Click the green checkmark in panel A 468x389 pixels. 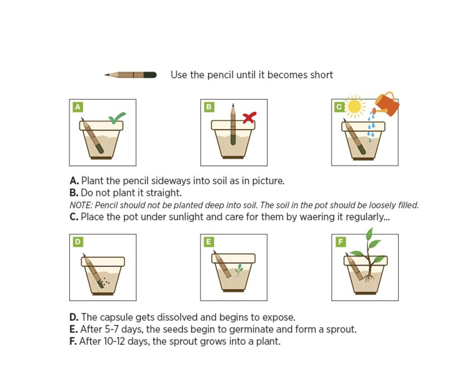117,118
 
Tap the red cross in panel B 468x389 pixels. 249,117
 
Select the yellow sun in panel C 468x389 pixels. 354,107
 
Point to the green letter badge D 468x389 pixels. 78,242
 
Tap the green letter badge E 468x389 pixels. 209,242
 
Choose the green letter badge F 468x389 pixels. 340,242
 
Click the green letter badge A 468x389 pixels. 78,107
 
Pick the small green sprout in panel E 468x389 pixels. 239,270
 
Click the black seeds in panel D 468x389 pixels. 105,282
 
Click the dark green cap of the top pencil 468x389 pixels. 150,75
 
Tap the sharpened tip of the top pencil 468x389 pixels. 105,75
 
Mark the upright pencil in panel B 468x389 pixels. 233,125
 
